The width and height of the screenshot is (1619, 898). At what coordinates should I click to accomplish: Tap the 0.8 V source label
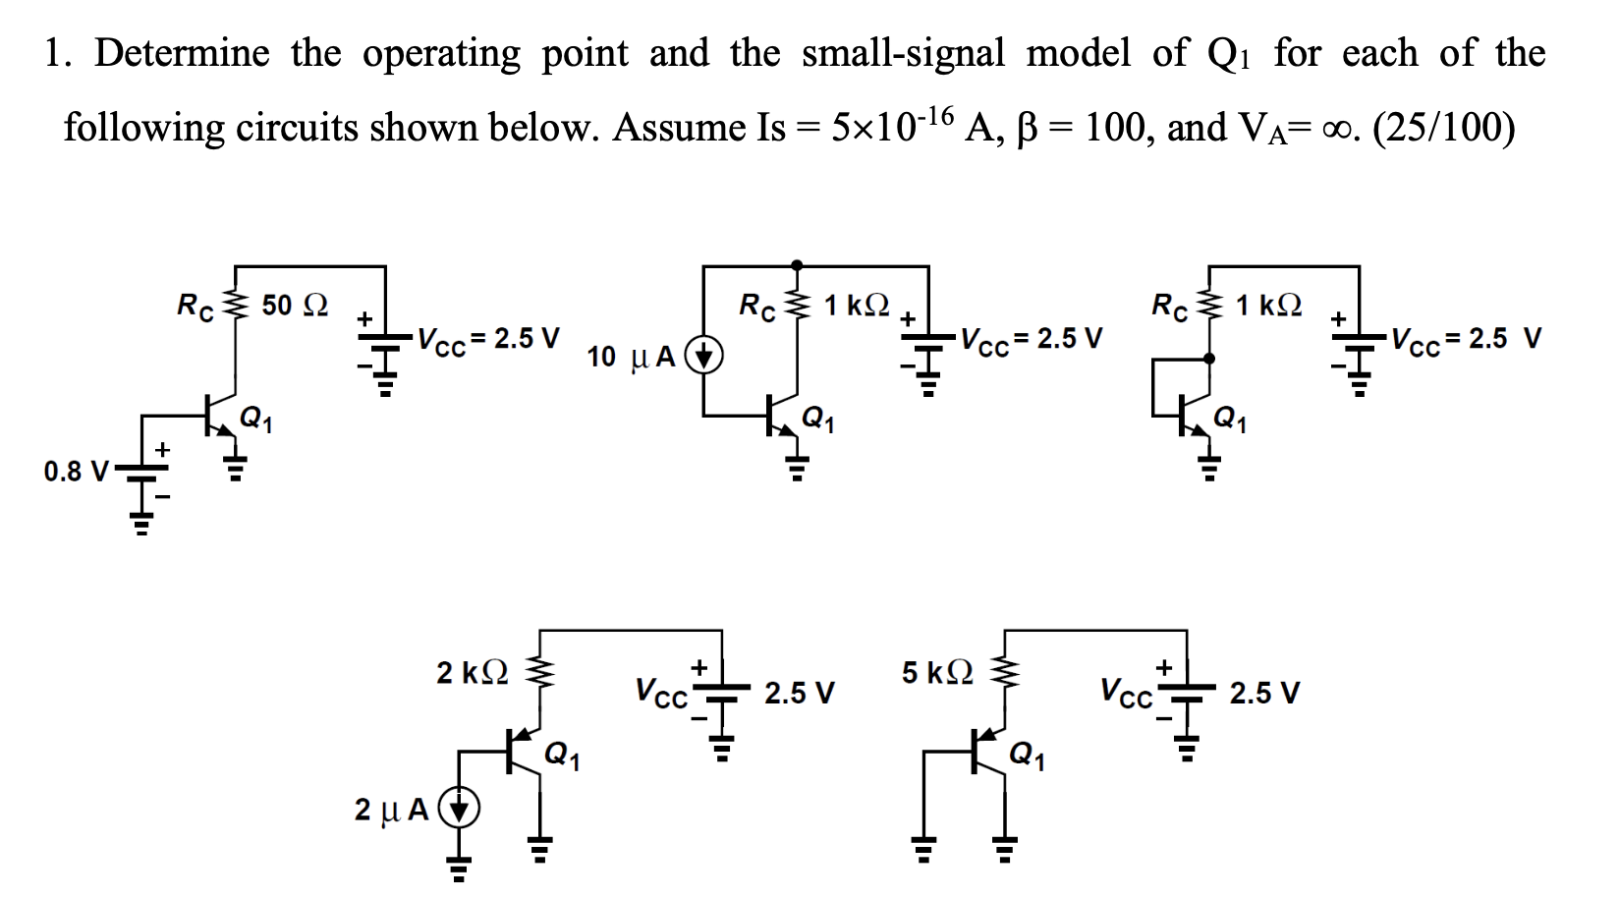(x=76, y=472)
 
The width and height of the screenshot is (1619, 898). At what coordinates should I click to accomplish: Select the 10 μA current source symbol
(x=704, y=355)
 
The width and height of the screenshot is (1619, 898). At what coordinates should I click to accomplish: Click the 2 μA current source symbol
(x=459, y=809)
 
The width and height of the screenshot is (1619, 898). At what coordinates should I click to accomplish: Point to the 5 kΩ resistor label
(x=938, y=672)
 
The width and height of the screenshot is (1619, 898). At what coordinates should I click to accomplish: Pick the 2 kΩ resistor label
(x=473, y=673)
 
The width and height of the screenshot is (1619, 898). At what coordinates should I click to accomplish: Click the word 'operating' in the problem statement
(x=441, y=53)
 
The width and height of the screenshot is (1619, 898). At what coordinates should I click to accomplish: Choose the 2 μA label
(x=391, y=810)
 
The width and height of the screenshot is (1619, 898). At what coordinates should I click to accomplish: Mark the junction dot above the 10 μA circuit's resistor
(x=796, y=265)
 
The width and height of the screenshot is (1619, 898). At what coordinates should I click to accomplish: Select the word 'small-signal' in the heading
(x=903, y=53)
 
